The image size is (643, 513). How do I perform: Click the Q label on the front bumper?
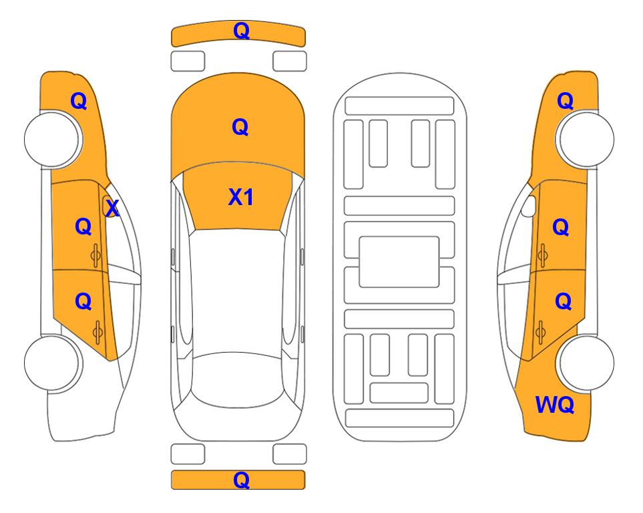pyautogui.click(x=241, y=31)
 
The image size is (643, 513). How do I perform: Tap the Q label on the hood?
pyautogui.click(x=240, y=127)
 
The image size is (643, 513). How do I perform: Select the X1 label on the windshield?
pyautogui.click(x=241, y=197)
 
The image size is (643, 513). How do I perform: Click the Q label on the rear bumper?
pyautogui.click(x=241, y=480)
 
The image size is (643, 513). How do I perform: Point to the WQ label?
pyautogui.click(x=555, y=405)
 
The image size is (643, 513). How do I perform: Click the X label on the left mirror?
pyautogui.click(x=112, y=208)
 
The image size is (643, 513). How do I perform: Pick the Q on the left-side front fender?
pyautogui.click(x=79, y=101)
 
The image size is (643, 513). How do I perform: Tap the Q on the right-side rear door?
pyautogui.click(x=564, y=302)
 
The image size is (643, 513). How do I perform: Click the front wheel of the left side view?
pyautogui.click(x=53, y=139)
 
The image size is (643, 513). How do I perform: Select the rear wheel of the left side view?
pyautogui.click(x=53, y=363)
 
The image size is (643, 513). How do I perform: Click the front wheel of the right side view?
pyautogui.click(x=586, y=139)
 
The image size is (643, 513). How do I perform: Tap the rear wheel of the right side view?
pyautogui.click(x=586, y=363)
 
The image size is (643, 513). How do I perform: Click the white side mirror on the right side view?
pyautogui.click(x=529, y=206)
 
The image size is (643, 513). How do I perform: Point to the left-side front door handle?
pyautogui.click(x=95, y=255)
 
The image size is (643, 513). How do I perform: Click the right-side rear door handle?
pyautogui.click(x=541, y=332)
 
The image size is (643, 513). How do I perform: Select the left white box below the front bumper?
pyautogui.click(x=188, y=61)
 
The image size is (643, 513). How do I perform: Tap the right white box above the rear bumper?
pyautogui.click(x=290, y=454)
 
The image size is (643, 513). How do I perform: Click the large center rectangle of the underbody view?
pyautogui.click(x=399, y=262)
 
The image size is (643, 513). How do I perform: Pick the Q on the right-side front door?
pyautogui.click(x=561, y=227)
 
